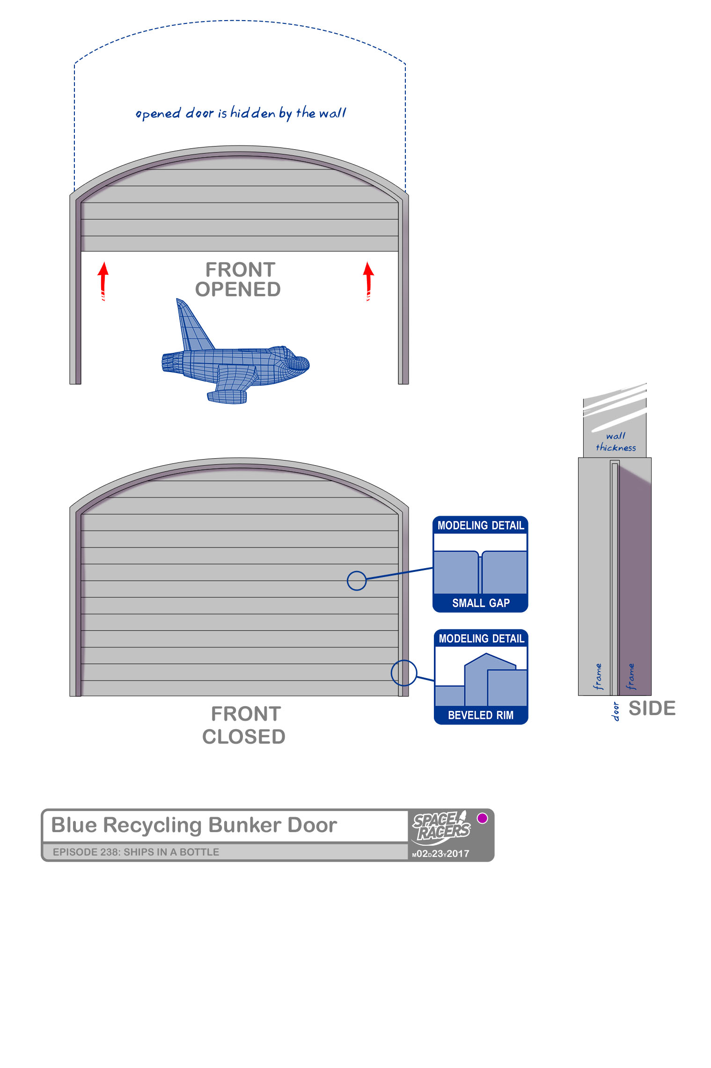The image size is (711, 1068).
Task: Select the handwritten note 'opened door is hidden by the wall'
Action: [240, 113]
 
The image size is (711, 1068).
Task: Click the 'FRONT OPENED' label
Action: [238, 279]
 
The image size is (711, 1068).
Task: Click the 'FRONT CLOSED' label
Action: [244, 725]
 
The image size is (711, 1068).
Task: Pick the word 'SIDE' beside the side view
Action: [652, 708]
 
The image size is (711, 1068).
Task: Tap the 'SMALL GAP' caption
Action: [481, 603]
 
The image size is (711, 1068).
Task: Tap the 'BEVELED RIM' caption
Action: [481, 715]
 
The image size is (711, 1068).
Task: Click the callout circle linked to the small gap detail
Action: [357, 581]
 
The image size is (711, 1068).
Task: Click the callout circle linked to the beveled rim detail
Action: [404, 673]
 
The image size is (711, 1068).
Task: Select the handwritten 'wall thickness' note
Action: [616, 442]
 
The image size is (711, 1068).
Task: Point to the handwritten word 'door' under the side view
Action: [616, 711]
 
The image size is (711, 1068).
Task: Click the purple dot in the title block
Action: [482, 818]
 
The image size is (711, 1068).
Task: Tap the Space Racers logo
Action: [441, 827]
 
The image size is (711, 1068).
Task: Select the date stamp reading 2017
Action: [441, 854]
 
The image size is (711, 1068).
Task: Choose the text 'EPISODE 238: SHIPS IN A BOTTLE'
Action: [136, 852]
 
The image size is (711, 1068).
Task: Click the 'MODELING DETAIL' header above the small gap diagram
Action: [481, 526]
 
